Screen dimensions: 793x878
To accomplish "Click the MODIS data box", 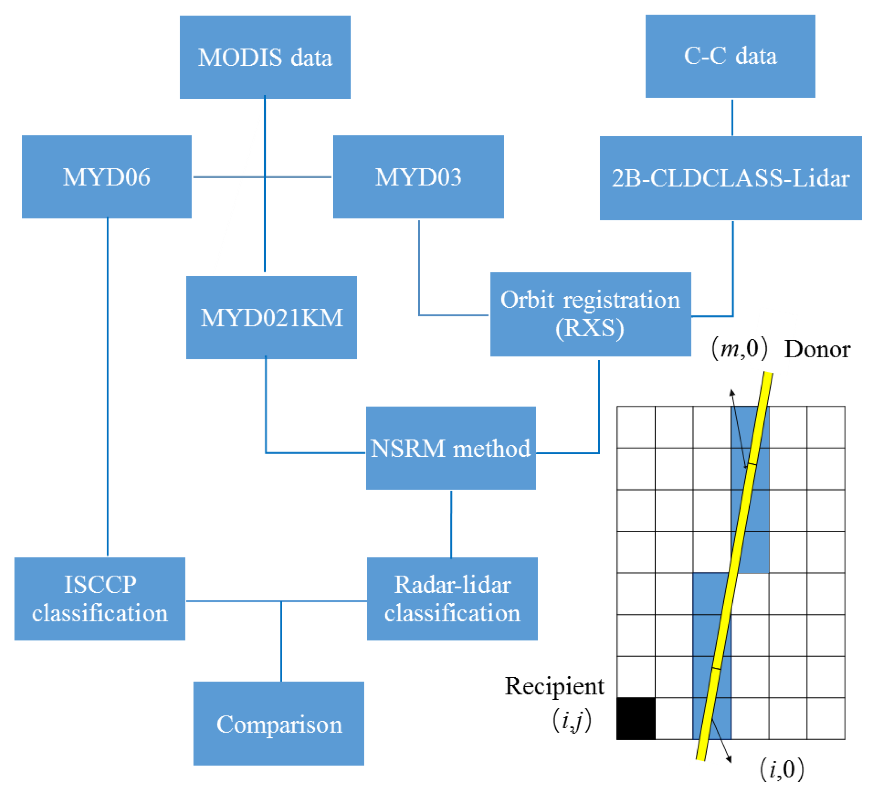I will (265, 57).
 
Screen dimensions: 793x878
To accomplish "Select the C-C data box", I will (730, 56).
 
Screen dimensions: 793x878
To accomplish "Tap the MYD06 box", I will (107, 176).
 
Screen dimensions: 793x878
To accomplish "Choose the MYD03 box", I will (418, 176).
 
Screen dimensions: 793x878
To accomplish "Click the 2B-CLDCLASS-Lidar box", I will (731, 178).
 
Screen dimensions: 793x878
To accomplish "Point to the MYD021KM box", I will (271, 317).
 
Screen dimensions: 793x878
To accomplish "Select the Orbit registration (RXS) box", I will (590, 314).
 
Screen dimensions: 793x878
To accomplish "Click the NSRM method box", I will (451, 448).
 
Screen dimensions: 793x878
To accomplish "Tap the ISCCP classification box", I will (100, 599).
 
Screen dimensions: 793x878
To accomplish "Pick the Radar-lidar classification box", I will (452, 599).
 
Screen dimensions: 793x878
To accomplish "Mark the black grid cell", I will (636, 719).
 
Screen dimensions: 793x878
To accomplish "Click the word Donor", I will (817, 349).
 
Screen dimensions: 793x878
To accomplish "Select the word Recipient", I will (554, 687).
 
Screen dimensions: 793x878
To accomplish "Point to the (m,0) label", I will (739, 349).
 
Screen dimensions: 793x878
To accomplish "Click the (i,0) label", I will (782, 769).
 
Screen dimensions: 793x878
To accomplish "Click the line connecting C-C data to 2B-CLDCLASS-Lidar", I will (732, 117).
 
